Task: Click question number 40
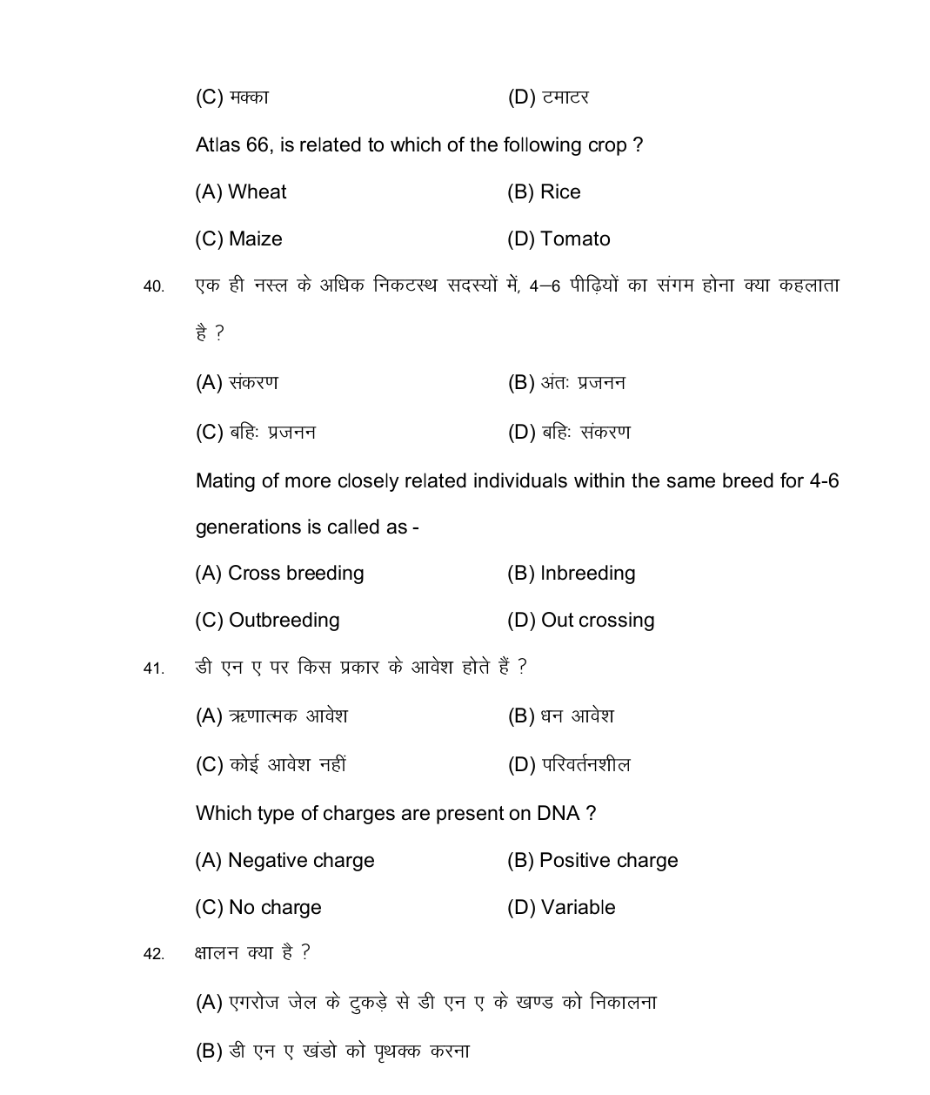(153, 286)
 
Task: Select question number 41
(153, 668)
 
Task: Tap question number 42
(153, 955)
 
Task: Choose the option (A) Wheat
(241, 192)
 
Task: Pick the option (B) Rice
(544, 192)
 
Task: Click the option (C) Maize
(238, 239)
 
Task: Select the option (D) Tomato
(559, 239)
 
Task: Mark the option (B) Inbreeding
(571, 574)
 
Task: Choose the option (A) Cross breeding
(279, 574)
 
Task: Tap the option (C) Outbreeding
(267, 621)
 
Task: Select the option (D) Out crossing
(580, 621)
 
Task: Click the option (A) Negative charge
(284, 861)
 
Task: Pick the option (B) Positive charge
(592, 861)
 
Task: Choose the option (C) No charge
(258, 908)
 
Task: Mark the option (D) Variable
(561, 908)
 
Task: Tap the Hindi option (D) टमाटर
(548, 97)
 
